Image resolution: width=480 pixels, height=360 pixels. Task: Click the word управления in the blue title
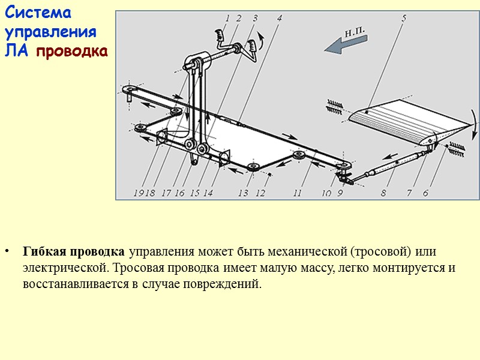(50, 32)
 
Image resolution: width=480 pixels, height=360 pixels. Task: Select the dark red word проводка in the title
(72, 51)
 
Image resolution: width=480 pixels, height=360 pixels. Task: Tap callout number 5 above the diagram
(403, 18)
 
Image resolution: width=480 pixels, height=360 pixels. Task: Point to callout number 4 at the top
(280, 18)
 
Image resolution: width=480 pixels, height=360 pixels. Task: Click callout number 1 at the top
(227, 18)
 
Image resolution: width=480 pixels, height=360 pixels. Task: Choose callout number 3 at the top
(255, 18)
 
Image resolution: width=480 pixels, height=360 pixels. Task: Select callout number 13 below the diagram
(243, 193)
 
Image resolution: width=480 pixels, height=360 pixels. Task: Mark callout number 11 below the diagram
(298, 193)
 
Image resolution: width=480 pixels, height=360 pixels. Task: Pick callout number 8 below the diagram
(383, 193)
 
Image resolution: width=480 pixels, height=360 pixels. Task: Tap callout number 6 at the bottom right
(425, 193)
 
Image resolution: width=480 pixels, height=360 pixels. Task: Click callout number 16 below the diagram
(179, 193)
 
